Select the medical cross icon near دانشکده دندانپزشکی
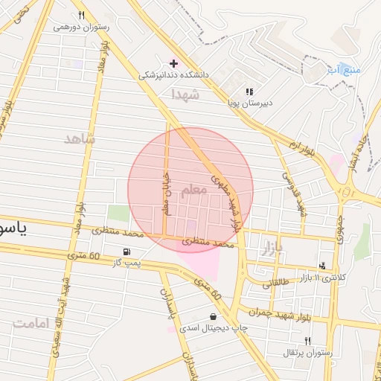(173, 64)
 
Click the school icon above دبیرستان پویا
(249, 92)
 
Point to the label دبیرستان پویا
(249, 103)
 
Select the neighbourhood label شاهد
(80, 139)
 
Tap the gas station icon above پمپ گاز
(127, 252)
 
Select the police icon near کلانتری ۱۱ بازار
(322, 265)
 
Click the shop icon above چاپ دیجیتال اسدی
(214, 316)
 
